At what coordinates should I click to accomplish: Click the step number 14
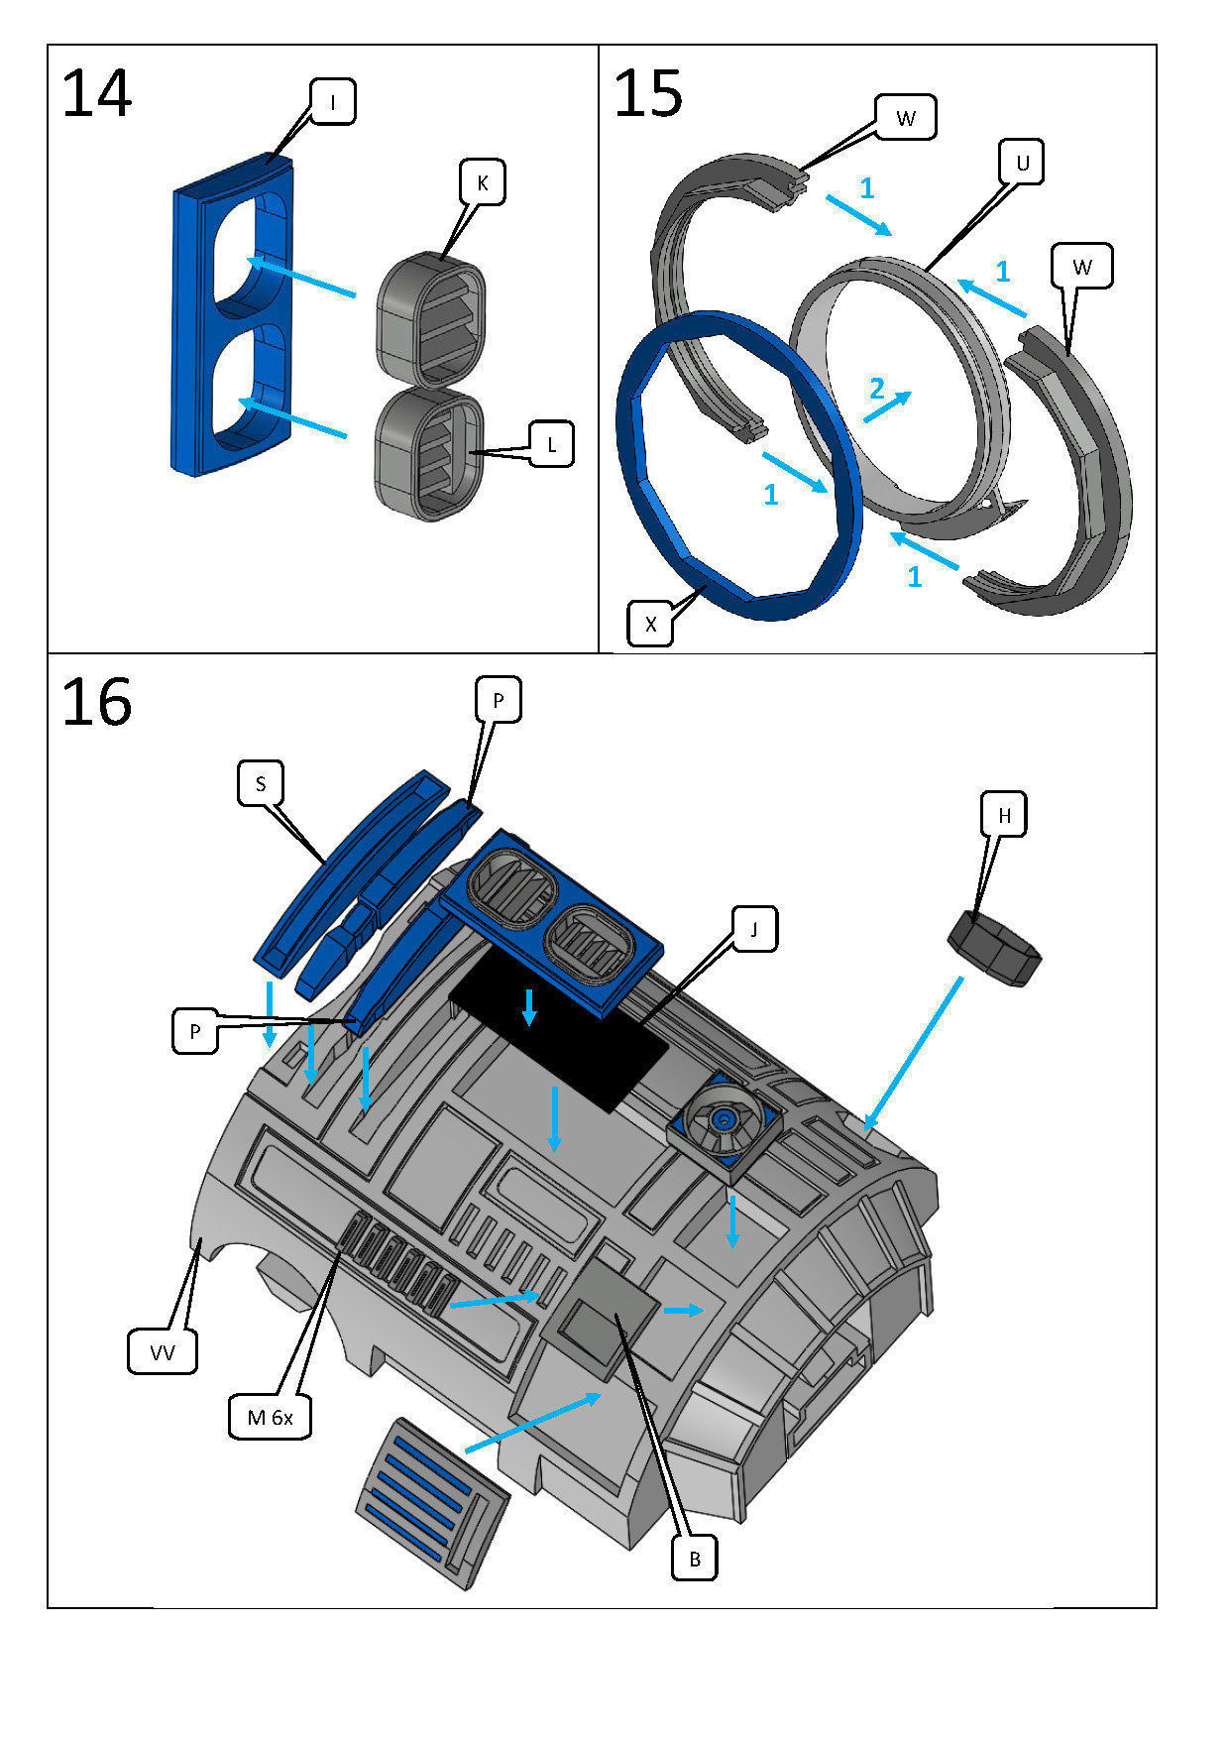[x=96, y=95]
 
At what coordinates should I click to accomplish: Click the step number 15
[x=648, y=95]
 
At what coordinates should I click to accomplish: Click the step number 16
[x=96, y=703]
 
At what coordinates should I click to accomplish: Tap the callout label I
[x=333, y=102]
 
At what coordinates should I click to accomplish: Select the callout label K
[x=482, y=183]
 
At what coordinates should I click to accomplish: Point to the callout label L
[x=551, y=444]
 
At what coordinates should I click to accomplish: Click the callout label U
[x=1022, y=162]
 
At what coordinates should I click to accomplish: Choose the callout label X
[x=650, y=624]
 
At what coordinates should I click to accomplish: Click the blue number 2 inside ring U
[x=876, y=389]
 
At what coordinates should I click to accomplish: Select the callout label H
[x=1004, y=815]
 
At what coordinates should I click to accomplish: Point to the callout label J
[x=753, y=929]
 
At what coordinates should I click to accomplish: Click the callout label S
[x=261, y=783]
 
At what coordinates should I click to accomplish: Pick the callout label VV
[x=163, y=1352]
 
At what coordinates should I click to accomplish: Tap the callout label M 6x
[x=270, y=1417]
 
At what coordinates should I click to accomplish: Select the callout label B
[x=694, y=1559]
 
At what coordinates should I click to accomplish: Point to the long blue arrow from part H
[x=914, y=1051]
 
